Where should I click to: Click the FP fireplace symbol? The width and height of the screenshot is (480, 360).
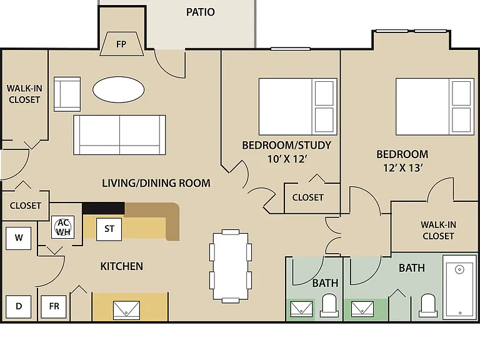click(x=121, y=44)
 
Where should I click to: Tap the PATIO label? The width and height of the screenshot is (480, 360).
click(x=201, y=12)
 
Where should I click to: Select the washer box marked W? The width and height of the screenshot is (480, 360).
click(x=18, y=238)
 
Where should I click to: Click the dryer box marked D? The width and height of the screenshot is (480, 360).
click(x=18, y=306)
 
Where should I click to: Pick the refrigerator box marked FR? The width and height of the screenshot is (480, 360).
click(x=54, y=306)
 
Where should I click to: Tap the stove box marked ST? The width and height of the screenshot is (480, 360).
click(x=109, y=229)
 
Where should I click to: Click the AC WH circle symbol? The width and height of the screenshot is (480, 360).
click(x=63, y=227)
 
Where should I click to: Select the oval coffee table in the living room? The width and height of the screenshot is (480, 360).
click(x=119, y=89)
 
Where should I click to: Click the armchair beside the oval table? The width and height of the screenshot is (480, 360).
click(x=67, y=94)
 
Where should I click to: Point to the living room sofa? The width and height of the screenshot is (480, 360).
click(x=120, y=135)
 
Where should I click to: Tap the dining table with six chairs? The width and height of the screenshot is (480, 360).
click(x=231, y=266)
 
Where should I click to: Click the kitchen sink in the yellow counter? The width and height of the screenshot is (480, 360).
click(x=126, y=310)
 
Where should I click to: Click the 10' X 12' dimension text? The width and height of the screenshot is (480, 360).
click(x=287, y=159)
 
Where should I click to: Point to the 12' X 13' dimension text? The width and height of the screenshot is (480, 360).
click(x=403, y=167)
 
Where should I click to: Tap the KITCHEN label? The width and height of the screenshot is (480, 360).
click(x=121, y=266)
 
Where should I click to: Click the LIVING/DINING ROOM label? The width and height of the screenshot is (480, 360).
click(x=156, y=183)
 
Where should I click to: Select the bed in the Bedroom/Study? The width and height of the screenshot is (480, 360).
click(x=298, y=106)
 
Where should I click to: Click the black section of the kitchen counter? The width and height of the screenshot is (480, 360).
click(x=104, y=208)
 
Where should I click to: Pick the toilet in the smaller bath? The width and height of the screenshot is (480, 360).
click(x=329, y=305)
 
